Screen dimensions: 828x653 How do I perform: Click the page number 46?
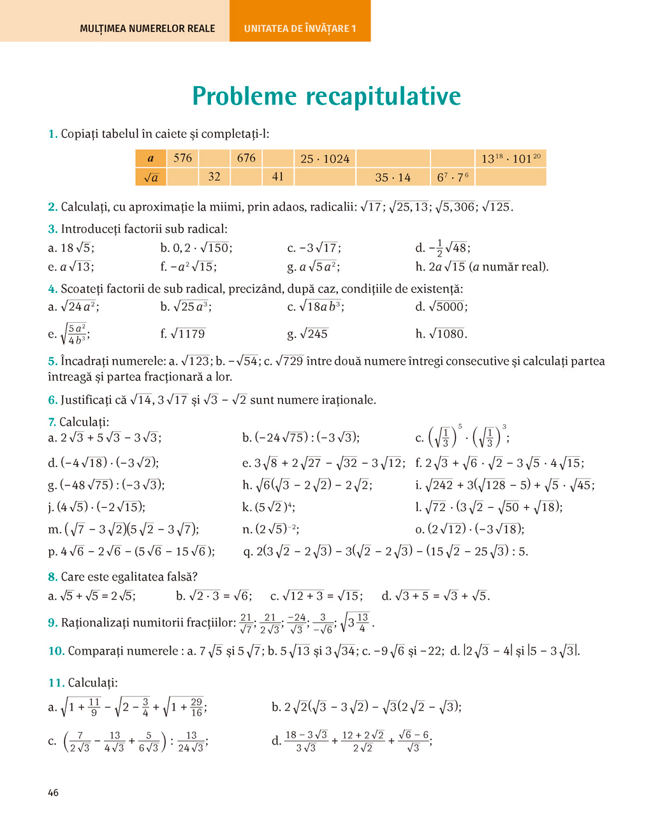53,792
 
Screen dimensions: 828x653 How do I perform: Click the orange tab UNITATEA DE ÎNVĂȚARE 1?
300,28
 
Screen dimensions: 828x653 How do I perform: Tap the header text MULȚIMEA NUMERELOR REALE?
147,28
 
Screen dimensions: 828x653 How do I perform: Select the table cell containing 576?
182,158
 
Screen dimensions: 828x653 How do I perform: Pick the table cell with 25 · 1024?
325,159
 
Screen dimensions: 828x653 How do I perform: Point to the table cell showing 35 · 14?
393,177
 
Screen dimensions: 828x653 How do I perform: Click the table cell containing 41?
277,177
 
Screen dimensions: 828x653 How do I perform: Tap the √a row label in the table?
150,177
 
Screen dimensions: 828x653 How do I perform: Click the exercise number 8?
52,577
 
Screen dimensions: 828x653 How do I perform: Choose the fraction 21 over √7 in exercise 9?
246,623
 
